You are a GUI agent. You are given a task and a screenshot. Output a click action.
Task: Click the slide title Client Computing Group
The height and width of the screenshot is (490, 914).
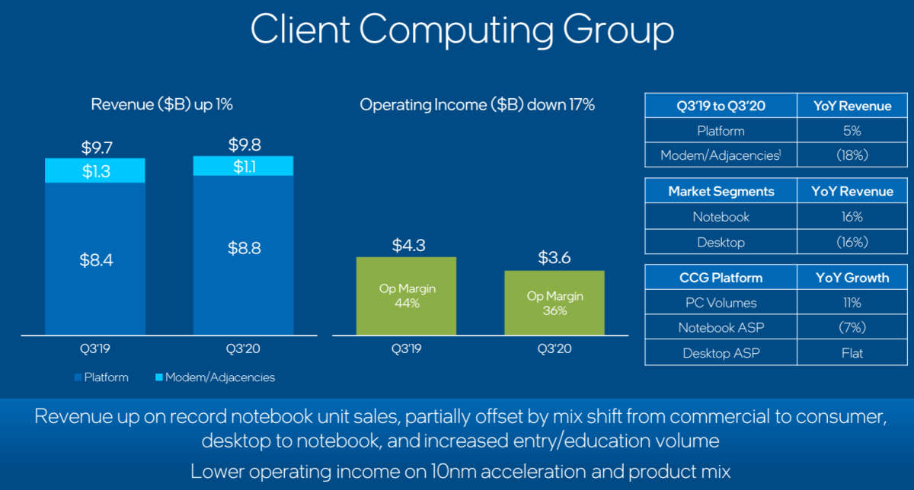462,30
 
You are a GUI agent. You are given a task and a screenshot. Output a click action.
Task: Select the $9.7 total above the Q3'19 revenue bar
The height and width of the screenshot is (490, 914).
95,148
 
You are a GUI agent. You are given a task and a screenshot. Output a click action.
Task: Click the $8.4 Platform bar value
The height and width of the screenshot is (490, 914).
95,259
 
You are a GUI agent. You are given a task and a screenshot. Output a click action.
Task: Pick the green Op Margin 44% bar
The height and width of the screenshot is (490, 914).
406,296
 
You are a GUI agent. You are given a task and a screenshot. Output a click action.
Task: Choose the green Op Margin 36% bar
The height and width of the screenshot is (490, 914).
554,303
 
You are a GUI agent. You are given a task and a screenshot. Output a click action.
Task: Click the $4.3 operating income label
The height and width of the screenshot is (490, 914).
406,246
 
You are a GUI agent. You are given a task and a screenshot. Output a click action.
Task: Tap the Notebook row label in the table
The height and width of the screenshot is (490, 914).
721,217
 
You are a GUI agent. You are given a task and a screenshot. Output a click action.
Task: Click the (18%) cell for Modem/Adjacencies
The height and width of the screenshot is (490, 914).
852,156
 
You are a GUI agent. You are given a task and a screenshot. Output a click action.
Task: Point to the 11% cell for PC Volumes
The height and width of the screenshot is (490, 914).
852,302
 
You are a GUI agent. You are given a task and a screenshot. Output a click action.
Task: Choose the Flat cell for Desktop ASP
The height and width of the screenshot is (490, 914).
852,352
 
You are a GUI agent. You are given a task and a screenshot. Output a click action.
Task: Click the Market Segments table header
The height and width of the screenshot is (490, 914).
721,191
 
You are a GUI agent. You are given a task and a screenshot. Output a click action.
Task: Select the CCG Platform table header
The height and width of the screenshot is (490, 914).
721,277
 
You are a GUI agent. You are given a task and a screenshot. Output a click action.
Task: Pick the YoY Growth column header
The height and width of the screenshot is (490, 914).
852,277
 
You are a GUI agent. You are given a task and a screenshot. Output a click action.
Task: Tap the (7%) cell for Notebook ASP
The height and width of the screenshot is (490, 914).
852,327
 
